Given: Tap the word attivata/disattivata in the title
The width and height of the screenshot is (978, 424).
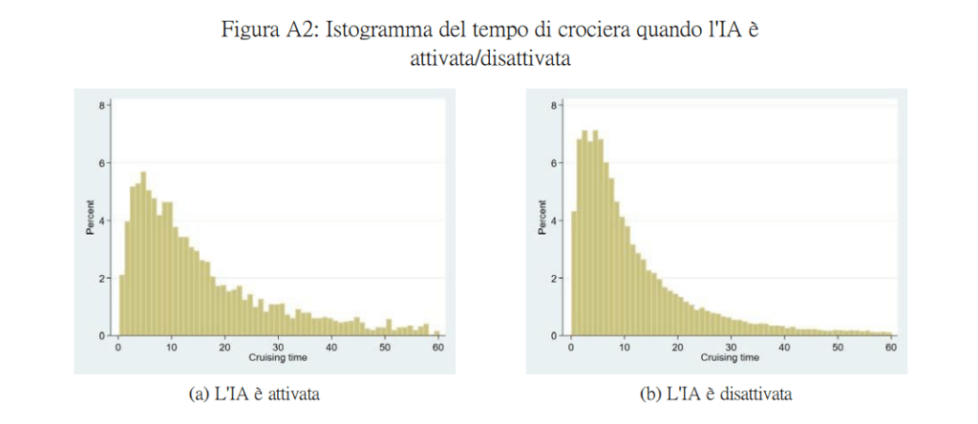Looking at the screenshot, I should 489,58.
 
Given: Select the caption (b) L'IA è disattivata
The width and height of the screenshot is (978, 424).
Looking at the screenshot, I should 716,393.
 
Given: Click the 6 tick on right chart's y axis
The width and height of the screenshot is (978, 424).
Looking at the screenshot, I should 554,162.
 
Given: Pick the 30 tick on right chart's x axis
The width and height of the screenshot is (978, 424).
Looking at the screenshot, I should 731,347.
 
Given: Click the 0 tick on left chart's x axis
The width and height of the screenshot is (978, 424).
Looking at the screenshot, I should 117,347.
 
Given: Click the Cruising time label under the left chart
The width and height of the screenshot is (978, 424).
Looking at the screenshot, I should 278,358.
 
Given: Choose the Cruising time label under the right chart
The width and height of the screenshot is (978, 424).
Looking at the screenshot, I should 731,358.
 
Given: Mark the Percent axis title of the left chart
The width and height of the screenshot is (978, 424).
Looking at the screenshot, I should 89,220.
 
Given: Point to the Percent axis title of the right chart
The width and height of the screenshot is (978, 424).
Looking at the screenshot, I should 541,220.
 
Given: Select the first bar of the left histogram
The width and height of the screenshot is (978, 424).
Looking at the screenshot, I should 121,306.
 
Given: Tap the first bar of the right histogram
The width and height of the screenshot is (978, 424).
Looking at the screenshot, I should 573,273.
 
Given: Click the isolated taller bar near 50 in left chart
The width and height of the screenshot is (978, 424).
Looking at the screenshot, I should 389,328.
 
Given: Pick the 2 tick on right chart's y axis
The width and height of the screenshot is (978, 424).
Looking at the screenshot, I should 554,278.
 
